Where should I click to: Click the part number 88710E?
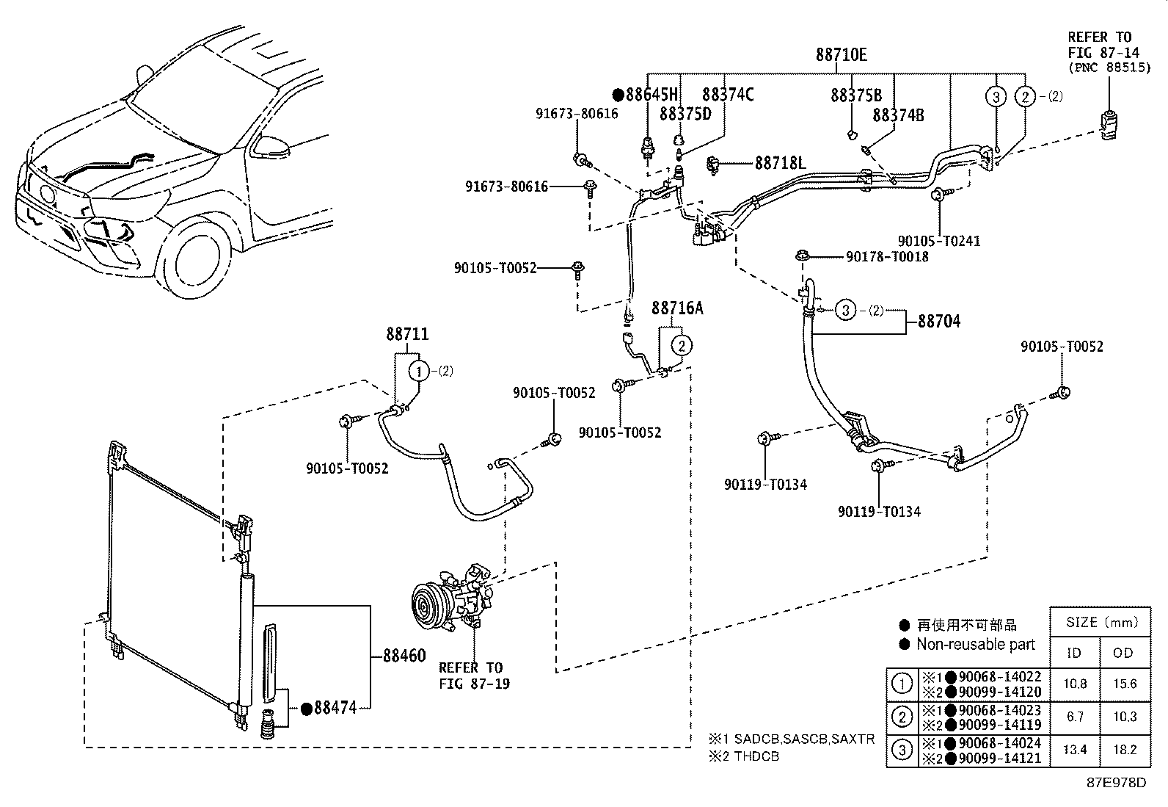click(x=841, y=54)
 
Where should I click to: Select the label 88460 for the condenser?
click(x=404, y=656)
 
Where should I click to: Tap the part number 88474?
click(x=335, y=708)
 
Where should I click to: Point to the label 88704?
click(x=940, y=321)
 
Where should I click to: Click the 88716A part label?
click(x=677, y=308)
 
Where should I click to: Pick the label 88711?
click(x=408, y=335)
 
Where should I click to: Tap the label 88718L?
click(x=781, y=162)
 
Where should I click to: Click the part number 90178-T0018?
click(x=887, y=256)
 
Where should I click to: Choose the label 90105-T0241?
click(x=939, y=241)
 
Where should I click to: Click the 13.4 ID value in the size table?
click(x=1075, y=750)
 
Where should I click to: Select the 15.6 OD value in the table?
click(x=1124, y=684)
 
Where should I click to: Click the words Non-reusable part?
click(x=976, y=644)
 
